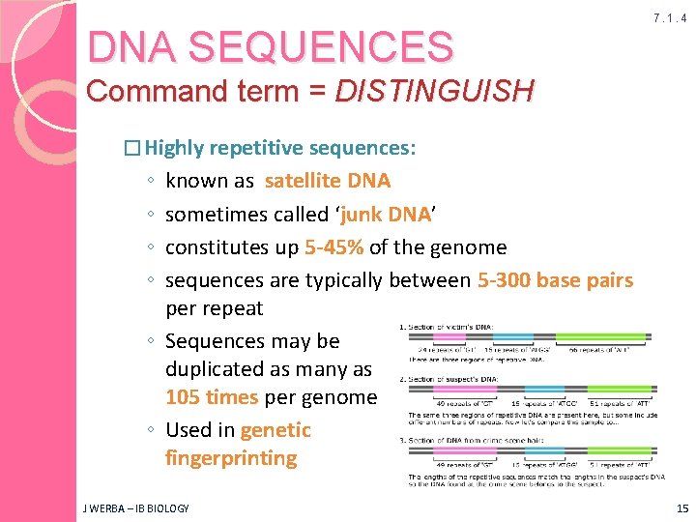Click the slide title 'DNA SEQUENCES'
pyautogui.click(x=270, y=46)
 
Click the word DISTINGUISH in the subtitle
pyautogui.click(x=434, y=91)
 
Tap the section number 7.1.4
pyautogui.click(x=669, y=18)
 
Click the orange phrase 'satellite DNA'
pyautogui.click(x=327, y=181)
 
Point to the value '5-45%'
pyautogui.click(x=333, y=247)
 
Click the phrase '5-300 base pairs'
pyautogui.click(x=555, y=280)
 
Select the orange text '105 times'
pyautogui.click(x=212, y=397)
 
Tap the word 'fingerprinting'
pyautogui.click(x=231, y=457)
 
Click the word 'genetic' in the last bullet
pyautogui.click(x=275, y=430)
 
